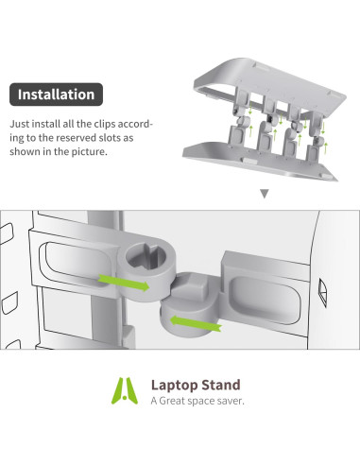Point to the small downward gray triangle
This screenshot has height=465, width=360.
pyautogui.click(x=264, y=193)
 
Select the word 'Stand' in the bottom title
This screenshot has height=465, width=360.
pyautogui.click(x=218, y=385)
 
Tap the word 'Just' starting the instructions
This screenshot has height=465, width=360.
pyautogui.click(x=19, y=123)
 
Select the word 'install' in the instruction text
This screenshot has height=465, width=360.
pyautogui.click(x=48, y=123)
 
